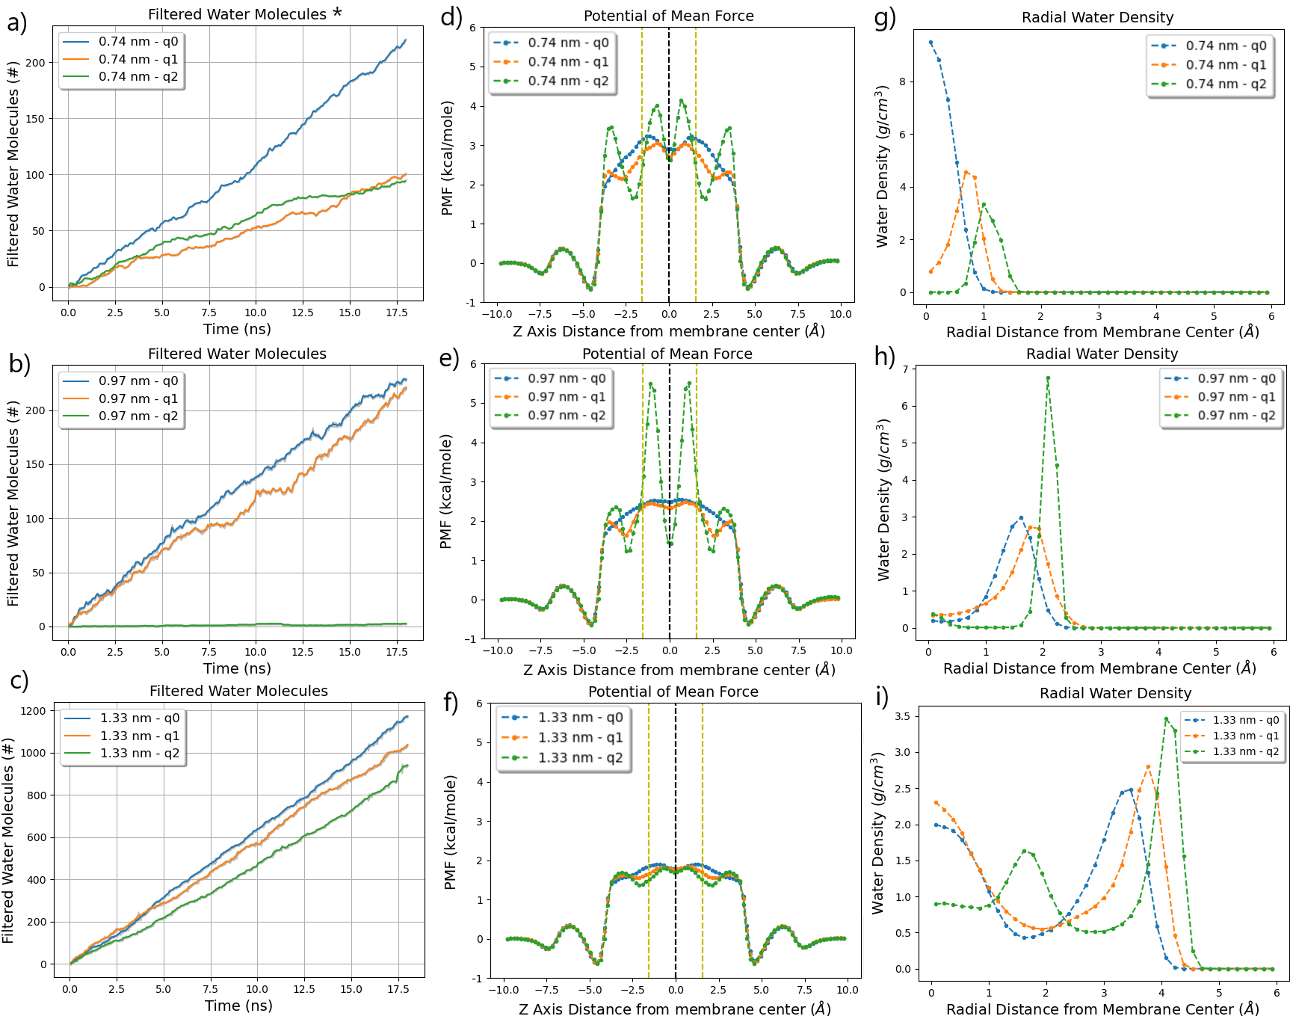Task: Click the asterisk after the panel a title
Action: pyautogui.click(x=337, y=13)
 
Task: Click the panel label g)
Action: pyautogui.click(x=884, y=17)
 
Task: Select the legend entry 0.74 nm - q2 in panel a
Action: pyautogui.click(x=138, y=76)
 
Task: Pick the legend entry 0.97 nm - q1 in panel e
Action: pyautogui.click(x=567, y=397)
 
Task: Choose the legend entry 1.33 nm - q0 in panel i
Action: pyautogui.click(x=1245, y=720)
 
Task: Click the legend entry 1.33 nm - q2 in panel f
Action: pyautogui.click(x=580, y=757)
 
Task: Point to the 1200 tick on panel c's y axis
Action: pyautogui.click(x=33, y=711)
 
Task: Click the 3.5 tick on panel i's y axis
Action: pyautogui.click(x=901, y=716)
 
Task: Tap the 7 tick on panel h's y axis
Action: pyautogui.click(x=905, y=369)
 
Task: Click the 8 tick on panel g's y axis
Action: pyautogui.click(x=902, y=81)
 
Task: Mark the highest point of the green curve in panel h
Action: pyautogui.click(x=1048, y=378)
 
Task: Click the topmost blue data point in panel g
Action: pyautogui.click(x=931, y=43)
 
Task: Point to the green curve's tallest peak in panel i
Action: pyautogui.click(x=1166, y=719)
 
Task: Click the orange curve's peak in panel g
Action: pyautogui.click(x=966, y=173)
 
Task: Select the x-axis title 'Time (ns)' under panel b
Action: pyautogui.click(x=237, y=668)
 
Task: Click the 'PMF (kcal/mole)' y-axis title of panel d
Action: pyautogui.click(x=448, y=158)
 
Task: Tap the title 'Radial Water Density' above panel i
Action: pyautogui.click(x=1115, y=693)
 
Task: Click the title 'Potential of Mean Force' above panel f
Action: pyautogui.click(x=673, y=692)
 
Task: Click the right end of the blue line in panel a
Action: pyautogui.click(x=406, y=40)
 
